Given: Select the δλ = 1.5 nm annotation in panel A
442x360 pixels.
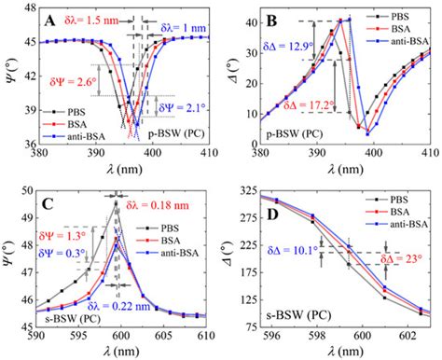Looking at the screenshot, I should point(94,20).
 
